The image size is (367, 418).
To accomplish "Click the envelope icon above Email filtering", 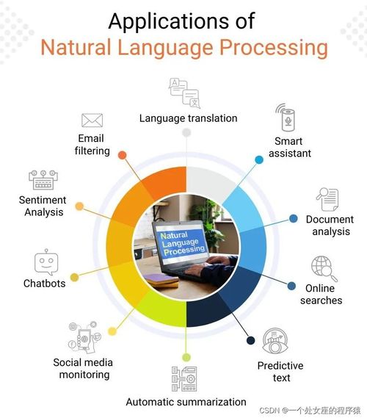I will tap(92, 120).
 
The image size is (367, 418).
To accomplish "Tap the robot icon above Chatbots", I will tap(45, 262).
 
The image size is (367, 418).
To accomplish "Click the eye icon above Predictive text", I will tap(275, 341).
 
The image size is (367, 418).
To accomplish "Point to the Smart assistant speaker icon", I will tap(285, 118).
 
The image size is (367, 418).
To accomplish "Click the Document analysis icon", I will tap(327, 198).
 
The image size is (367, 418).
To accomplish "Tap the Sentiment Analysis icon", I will tap(42, 179).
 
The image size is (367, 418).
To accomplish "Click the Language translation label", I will tap(189, 118).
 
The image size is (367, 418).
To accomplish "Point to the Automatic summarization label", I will tap(186, 402).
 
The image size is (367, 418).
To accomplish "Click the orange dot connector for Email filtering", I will tap(122, 155).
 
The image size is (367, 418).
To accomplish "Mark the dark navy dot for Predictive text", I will tap(250, 340).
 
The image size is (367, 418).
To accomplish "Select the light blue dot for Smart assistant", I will tap(259, 159).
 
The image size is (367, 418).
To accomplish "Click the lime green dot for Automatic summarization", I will tap(186, 357).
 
